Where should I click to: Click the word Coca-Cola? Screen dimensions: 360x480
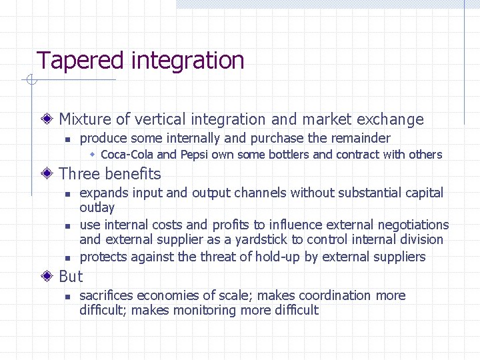(127, 155)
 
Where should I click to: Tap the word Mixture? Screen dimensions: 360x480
(85, 119)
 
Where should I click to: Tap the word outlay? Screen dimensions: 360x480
(97, 207)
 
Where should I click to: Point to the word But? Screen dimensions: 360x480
(71, 277)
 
